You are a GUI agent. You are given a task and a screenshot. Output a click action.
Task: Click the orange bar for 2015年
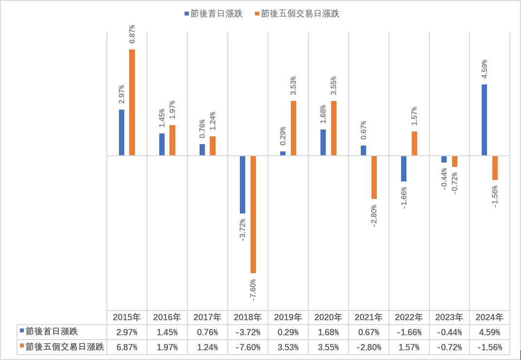(132, 102)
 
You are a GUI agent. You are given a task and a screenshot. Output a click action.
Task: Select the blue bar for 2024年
(484, 120)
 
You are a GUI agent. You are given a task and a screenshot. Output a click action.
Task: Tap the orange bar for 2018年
(253, 214)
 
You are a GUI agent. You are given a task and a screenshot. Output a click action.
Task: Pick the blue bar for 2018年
(242, 184)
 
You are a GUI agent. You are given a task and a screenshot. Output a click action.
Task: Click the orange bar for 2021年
(374, 177)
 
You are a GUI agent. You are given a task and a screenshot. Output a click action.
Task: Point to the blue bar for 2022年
(404, 168)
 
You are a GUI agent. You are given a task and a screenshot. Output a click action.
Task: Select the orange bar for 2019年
(293, 128)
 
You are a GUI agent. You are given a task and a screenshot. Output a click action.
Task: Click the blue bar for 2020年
(323, 142)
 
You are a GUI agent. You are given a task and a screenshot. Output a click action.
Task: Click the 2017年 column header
(207, 317)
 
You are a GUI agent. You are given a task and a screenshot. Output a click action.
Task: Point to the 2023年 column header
(449, 317)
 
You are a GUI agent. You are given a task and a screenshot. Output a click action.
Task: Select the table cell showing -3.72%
(248, 332)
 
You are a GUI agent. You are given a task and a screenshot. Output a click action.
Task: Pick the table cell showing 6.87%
(126, 347)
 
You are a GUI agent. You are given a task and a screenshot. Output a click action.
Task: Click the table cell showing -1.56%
(489, 347)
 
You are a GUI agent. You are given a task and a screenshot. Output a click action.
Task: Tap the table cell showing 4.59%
(489, 332)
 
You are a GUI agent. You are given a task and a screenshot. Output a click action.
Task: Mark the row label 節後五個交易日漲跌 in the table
(65, 347)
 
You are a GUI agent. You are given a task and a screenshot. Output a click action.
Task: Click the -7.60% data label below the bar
(253, 289)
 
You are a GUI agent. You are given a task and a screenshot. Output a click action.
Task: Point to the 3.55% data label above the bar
(334, 85)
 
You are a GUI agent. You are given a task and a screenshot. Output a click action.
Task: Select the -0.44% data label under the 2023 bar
(444, 179)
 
